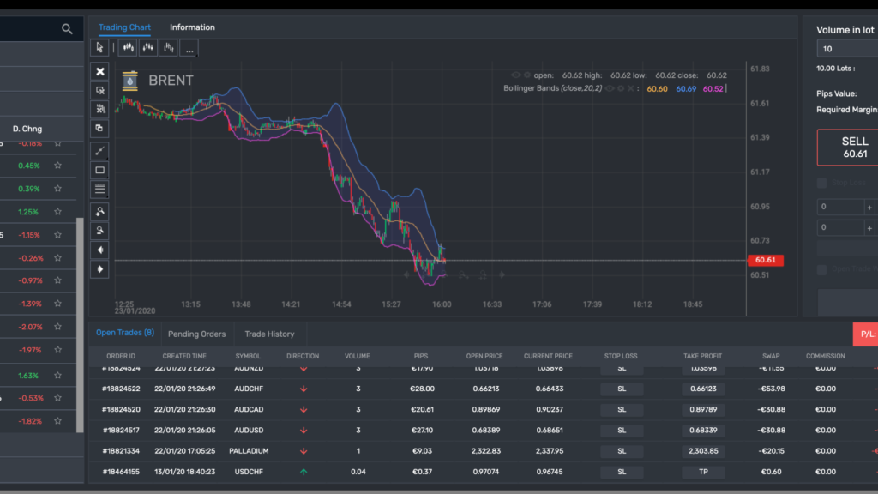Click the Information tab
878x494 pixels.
point(192,27)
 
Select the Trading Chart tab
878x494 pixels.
point(124,27)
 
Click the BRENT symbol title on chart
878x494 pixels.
point(171,81)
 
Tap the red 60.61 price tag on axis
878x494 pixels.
point(765,260)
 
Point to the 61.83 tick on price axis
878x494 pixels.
point(759,69)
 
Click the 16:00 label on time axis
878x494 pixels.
point(442,304)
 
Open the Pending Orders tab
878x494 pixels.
point(196,334)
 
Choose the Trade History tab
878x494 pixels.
point(269,334)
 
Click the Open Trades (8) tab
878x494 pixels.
point(125,333)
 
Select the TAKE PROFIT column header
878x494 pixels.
point(703,356)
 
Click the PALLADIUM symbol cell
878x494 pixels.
point(250,450)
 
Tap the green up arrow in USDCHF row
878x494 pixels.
point(303,472)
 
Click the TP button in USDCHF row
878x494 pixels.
point(703,472)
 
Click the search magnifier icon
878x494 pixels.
point(67,29)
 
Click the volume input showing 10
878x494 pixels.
point(845,49)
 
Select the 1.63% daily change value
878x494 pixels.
point(28,375)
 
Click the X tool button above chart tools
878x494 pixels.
point(100,71)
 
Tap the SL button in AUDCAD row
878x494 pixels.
point(622,409)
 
